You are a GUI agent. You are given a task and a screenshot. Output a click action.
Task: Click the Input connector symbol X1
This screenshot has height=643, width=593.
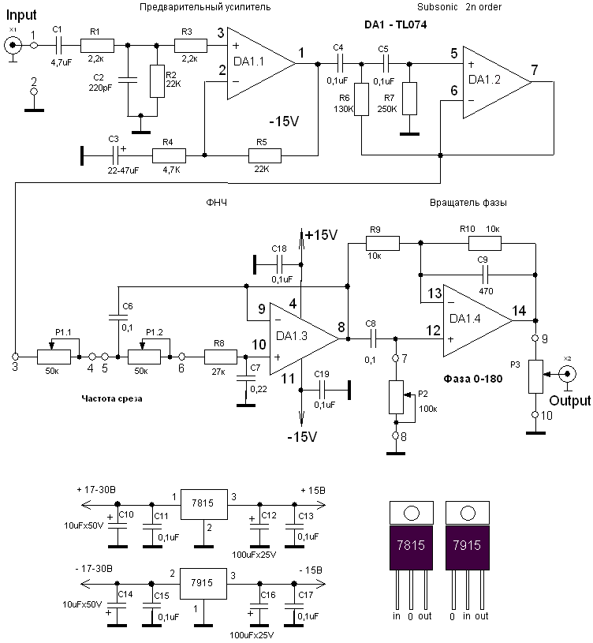pos(13,45)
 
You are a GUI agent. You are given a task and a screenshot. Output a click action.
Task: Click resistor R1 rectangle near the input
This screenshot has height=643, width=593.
pos(96,45)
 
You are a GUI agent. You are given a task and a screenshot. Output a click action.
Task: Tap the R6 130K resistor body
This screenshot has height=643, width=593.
pos(362,99)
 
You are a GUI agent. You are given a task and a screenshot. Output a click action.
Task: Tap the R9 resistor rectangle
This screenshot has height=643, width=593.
pos(383,245)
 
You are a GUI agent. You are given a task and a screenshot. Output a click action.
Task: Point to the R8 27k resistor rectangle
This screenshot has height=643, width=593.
pos(221,357)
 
